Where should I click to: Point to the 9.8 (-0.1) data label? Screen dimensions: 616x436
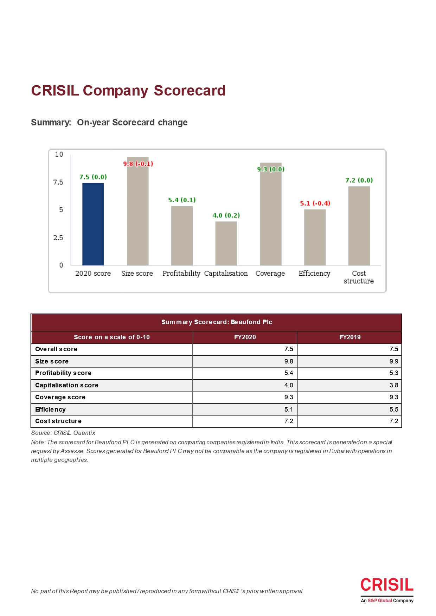138,164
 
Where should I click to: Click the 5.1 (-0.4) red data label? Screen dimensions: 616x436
315,203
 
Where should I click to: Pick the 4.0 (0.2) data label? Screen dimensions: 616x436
226,215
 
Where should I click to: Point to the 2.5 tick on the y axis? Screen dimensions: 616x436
58,238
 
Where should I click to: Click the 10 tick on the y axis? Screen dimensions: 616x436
59,154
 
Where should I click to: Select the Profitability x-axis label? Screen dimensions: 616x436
181,274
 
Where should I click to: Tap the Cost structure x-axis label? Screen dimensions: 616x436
359,277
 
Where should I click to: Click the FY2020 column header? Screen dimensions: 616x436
245,337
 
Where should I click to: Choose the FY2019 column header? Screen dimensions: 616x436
350,337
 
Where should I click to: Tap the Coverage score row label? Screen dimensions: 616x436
60,397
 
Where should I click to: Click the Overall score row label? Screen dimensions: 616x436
56,349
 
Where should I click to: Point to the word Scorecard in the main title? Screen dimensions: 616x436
190,91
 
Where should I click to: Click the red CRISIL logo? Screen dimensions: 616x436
387,585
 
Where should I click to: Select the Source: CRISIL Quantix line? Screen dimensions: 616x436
63,433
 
